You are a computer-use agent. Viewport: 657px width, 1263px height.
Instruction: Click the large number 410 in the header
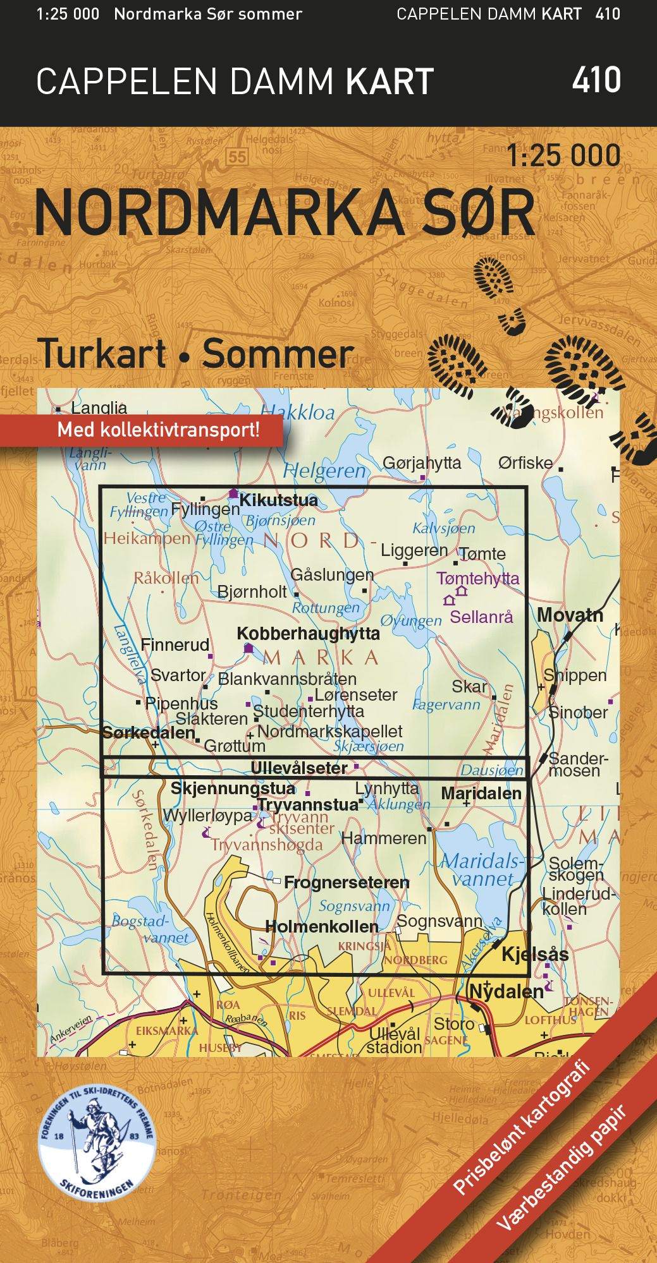click(x=596, y=80)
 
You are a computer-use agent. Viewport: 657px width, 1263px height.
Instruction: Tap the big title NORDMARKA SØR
click(x=285, y=213)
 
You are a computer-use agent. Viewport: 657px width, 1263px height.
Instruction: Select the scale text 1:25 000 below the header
click(x=563, y=156)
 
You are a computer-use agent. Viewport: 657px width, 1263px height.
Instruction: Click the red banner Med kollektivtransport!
click(x=158, y=430)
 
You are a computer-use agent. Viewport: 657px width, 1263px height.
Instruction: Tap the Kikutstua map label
click(x=278, y=500)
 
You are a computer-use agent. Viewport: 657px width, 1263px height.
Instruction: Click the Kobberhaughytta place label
click(x=308, y=634)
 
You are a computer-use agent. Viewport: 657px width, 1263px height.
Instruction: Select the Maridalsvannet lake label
click(x=482, y=870)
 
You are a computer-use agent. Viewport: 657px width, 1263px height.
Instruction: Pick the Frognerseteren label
click(x=347, y=883)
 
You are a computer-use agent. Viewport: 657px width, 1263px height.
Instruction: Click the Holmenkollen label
click(x=322, y=927)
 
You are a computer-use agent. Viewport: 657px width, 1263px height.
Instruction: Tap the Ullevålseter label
click(x=299, y=768)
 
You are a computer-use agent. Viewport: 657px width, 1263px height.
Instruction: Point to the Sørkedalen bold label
click(x=148, y=732)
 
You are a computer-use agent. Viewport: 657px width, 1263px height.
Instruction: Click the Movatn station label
click(x=570, y=615)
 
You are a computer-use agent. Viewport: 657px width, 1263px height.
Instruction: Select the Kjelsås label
click(x=535, y=954)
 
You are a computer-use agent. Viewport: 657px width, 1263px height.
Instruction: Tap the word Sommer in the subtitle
click(x=277, y=354)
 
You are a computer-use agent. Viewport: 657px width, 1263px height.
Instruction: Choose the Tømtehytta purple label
click(x=477, y=578)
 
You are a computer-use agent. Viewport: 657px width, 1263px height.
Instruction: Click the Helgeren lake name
click(x=324, y=471)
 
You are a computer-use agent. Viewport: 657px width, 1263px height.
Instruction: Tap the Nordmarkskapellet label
click(x=329, y=732)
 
